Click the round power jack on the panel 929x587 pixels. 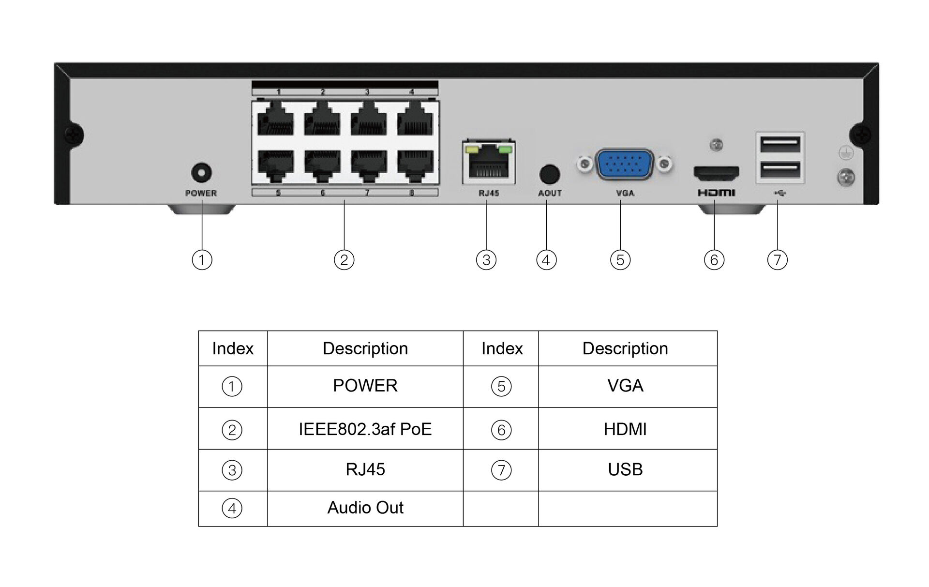(201, 173)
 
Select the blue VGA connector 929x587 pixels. (625, 165)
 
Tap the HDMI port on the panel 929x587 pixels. (716, 172)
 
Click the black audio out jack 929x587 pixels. (549, 175)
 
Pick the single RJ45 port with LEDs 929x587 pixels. (488, 163)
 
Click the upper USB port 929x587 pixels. (780, 145)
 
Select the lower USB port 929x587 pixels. (780, 170)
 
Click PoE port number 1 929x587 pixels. (275, 121)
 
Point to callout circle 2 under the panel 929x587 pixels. (344, 260)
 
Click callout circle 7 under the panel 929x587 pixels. (777, 260)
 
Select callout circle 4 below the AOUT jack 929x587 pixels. (546, 260)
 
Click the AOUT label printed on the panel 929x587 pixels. (550, 193)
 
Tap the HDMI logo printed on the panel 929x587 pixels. (716, 193)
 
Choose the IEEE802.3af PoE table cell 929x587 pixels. (365, 429)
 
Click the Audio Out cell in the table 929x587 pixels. (365, 508)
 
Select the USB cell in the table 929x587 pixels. (625, 469)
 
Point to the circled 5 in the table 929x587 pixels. (501, 386)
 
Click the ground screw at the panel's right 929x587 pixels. (845, 177)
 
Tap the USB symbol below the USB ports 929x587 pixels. (779, 193)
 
